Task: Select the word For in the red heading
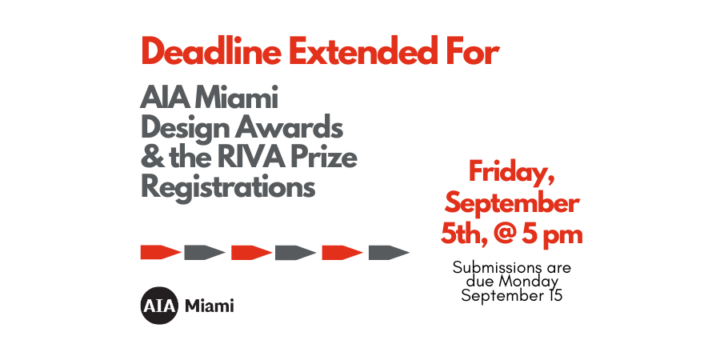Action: click(472, 53)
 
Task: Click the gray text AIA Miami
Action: click(209, 100)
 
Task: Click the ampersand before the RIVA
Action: click(150, 158)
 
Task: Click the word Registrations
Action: click(228, 187)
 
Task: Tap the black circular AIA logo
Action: click(158, 306)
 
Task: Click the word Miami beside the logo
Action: click(210, 306)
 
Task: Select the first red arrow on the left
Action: click(160, 253)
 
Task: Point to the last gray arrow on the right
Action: click(389, 253)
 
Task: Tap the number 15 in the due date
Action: click(553, 295)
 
